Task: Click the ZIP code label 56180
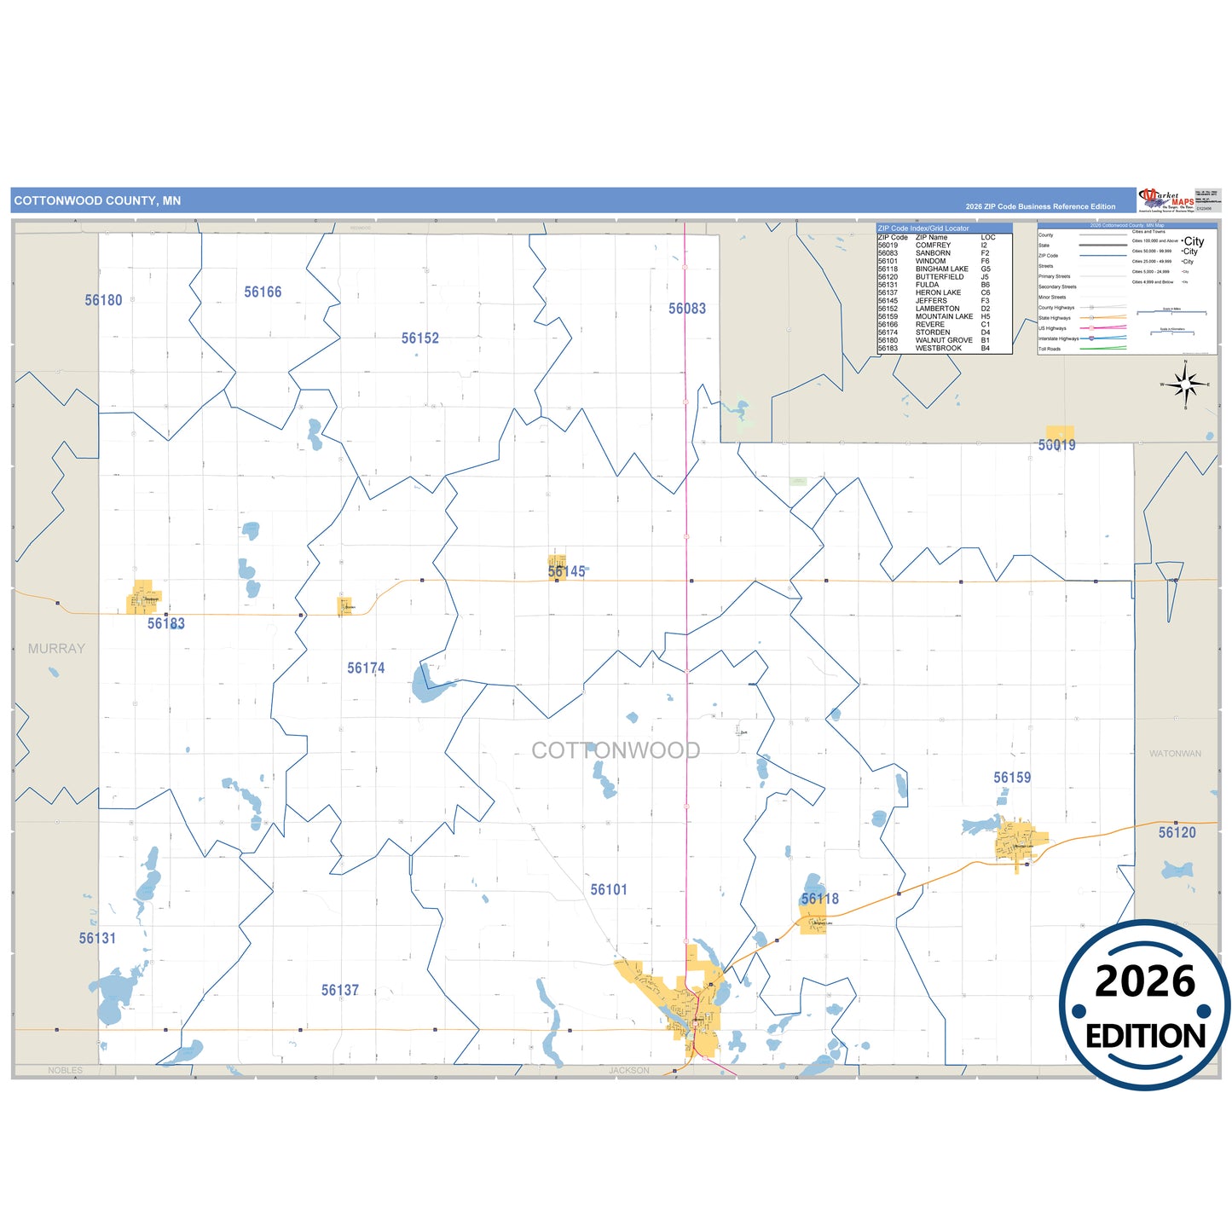(103, 300)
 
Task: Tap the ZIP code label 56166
(263, 292)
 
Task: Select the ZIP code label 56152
(420, 338)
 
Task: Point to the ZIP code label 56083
(687, 309)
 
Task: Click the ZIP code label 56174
(366, 668)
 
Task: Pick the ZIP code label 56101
(609, 890)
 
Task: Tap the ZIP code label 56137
(340, 991)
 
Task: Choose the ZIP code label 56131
(97, 939)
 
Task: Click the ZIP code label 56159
(1012, 778)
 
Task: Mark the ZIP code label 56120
(1177, 833)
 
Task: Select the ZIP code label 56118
(820, 899)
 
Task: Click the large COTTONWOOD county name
(616, 750)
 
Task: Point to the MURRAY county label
(56, 649)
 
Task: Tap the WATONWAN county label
(1175, 754)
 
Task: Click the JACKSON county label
(629, 1071)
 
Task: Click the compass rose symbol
(1185, 385)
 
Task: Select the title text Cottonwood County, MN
(97, 201)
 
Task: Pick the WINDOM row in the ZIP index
(934, 261)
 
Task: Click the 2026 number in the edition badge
(1145, 982)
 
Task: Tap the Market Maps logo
(1166, 200)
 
